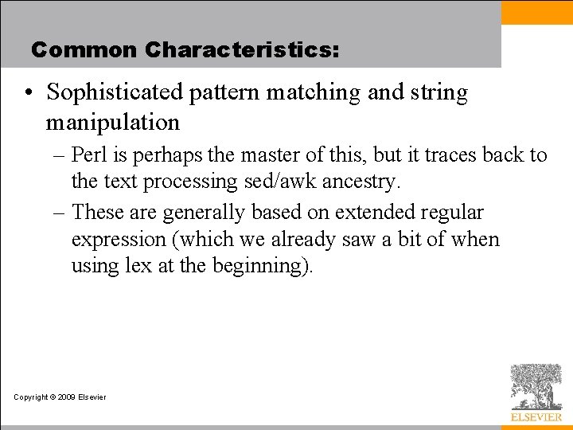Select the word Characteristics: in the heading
242,50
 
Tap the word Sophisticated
115,92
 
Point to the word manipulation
112,123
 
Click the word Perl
88,154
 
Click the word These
98,213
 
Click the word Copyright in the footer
31,397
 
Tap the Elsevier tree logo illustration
536,386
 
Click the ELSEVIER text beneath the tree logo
536,416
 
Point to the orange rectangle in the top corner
536,12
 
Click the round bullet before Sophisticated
28,93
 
